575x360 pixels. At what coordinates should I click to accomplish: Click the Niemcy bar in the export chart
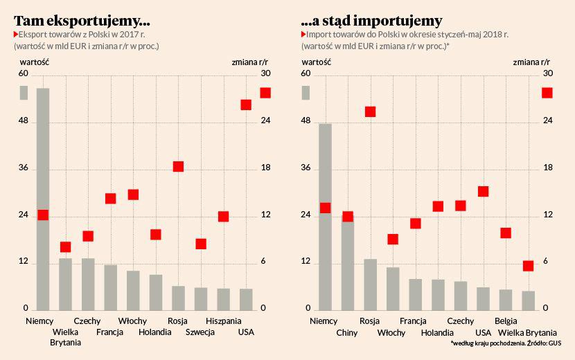pos(43,199)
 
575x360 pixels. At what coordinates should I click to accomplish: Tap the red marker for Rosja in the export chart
pos(178,166)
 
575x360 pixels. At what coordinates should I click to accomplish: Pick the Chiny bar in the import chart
pos(348,263)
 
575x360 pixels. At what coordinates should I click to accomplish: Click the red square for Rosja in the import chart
pos(370,111)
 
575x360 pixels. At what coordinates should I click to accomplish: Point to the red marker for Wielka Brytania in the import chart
pos(528,266)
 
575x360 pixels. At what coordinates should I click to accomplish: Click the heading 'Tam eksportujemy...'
pos(82,20)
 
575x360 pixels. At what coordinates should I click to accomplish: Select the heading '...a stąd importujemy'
pos(372,20)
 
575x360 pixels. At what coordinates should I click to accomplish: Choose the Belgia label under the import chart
pos(506,321)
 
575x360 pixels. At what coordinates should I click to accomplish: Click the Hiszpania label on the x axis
pos(224,321)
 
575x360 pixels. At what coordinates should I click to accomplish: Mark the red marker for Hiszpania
pos(223,216)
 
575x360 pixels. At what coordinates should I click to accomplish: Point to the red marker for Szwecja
pos(201,244)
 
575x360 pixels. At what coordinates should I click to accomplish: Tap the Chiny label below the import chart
pos(346,332)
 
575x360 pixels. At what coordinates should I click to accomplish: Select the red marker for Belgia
pos(506,233)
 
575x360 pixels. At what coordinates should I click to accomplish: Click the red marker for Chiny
pos(348,217)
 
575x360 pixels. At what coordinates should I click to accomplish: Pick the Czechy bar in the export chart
pos(88,284)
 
